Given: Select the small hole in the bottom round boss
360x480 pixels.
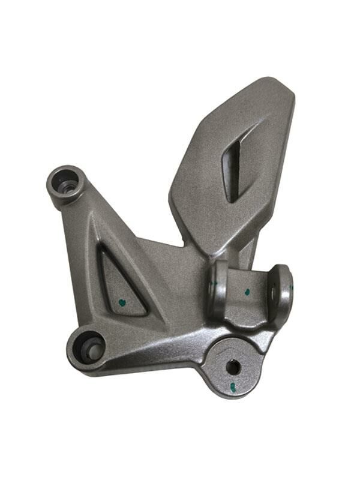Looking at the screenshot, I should coord(233,366).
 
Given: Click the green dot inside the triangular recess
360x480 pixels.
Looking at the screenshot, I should coord(122,302).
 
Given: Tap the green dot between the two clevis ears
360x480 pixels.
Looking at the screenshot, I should coord(247,292).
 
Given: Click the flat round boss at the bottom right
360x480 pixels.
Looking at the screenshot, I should coord(234,363).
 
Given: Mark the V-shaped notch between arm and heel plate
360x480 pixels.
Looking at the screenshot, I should coord(182,244).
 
